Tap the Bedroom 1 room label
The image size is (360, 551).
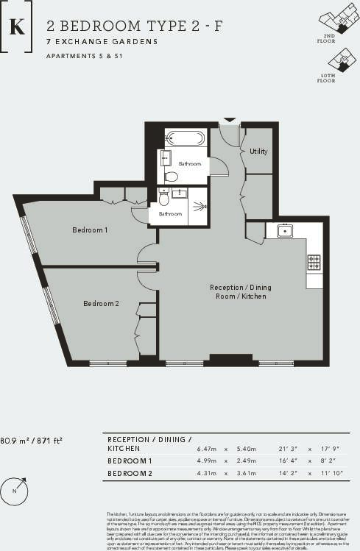click(90, 230)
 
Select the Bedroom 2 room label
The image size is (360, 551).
click(101, 303)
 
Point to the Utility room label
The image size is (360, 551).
click(258, 152)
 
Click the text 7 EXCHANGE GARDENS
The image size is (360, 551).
click(102, 42)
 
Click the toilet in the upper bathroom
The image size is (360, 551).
click(172, 176)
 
